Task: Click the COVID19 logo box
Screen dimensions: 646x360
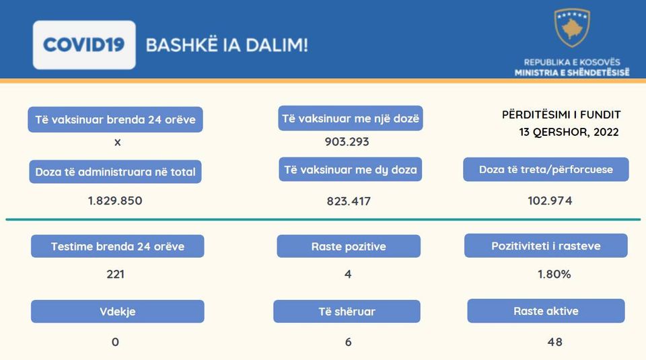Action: point(84,45)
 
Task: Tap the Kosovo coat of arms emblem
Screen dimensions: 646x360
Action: point(572,28)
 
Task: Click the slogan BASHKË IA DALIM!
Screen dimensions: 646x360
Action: point(227,45)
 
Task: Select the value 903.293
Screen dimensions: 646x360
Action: point(347,142)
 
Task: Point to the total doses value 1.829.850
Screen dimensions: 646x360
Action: point(115,201)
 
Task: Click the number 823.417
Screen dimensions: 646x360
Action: point(349,201)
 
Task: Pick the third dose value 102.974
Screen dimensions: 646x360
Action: point(550,201)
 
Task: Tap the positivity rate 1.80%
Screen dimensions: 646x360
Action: point(554,274)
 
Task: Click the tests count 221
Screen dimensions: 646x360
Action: point(115,274)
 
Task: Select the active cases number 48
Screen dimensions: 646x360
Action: point(555,342)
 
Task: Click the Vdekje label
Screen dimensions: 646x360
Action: point(117,312)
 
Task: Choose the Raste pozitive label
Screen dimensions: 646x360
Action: point(349,246)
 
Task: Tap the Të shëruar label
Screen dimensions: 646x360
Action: point(347,312)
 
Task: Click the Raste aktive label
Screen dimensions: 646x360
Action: point(546,311)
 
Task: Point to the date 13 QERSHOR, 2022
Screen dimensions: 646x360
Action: point(569,132)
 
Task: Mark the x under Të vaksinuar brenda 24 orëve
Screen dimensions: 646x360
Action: point(117,143)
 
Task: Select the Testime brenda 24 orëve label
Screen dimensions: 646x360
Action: point(117,246)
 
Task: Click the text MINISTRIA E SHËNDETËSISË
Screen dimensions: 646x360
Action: point(572,73)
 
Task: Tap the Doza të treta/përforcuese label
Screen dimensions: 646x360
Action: point(546,170)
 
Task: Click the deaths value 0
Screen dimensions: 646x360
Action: point(115,342)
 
